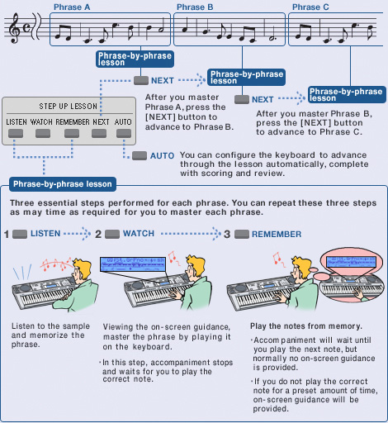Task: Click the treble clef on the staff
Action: pyautogui.click(x=16, y=31)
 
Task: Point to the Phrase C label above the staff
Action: pyautogui.click(x=309, y=7)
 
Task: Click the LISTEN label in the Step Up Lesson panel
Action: pyautogui.click(x=17, y=121)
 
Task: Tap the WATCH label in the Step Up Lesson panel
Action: pyautogui.click(x=41, y=121)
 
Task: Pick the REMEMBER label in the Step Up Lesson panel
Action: pyautogui.click(x=73, y=121)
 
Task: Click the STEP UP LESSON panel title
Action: pyautogui.click(x=68, y=107)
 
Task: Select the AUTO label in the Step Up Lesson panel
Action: pyautogui.click(x=123, y=121)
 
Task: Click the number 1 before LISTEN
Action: pyautogui.click(x=7, y=235)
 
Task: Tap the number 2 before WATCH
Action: pyautogui.click(x=98, y=235)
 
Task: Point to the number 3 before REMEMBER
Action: pyautogui.click(x=227, y=235)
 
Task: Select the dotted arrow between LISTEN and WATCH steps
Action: pyautogui.click(x=78, y=235)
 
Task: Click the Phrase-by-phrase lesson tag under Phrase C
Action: pyautogui.click(x=340, y=93)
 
